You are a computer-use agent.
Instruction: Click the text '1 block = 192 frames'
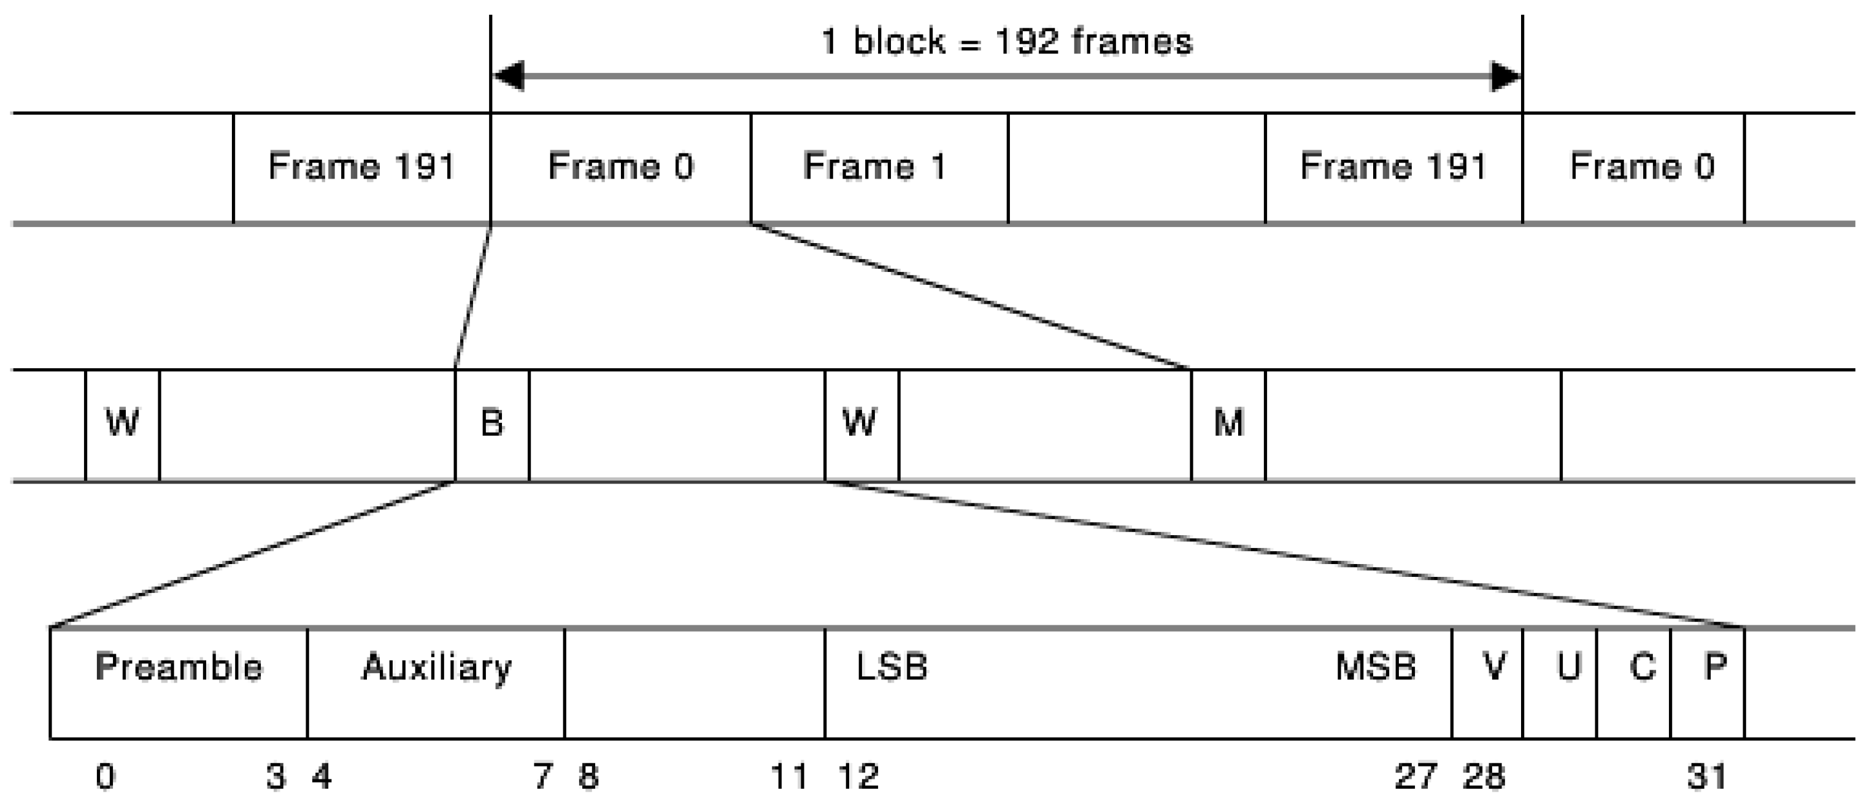1006,42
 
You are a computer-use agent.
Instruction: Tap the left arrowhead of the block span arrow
509,75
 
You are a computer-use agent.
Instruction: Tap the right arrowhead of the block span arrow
1505,75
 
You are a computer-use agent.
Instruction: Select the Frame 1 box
879,167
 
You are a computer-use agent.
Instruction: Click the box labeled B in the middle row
492,424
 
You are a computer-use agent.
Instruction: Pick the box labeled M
1228,424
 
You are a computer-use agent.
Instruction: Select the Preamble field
178,682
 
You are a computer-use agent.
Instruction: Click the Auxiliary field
436,682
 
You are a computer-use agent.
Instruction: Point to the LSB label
892,667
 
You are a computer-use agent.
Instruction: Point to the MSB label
1376,667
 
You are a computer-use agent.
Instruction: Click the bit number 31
1706,777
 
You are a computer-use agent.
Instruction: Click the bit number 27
1415,777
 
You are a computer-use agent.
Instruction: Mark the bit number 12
859,777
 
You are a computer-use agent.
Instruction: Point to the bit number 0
106,777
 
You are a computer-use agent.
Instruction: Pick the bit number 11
788,777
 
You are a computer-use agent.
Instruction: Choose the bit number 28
1483,777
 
